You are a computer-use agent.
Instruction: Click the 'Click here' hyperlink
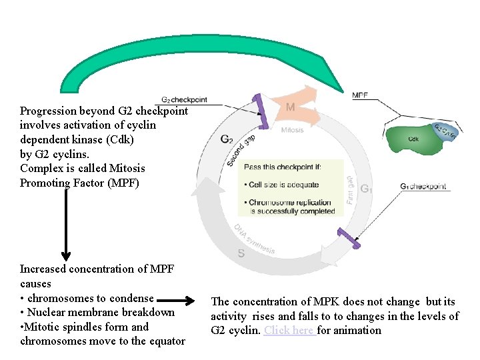point(289,331)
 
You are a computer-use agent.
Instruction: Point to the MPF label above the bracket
point(360,96)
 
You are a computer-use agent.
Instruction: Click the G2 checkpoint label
point(185,100)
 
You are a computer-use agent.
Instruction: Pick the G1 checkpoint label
point(423,187)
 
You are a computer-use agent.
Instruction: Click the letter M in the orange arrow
point(291,107)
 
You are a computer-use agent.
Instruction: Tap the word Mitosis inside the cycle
point(292,130)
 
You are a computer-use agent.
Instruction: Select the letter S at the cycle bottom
point(241,253)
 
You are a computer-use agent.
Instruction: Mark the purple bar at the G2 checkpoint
point(259,111)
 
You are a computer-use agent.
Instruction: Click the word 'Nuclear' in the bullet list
point(47,312)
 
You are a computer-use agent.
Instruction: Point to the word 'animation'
point(359,331)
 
